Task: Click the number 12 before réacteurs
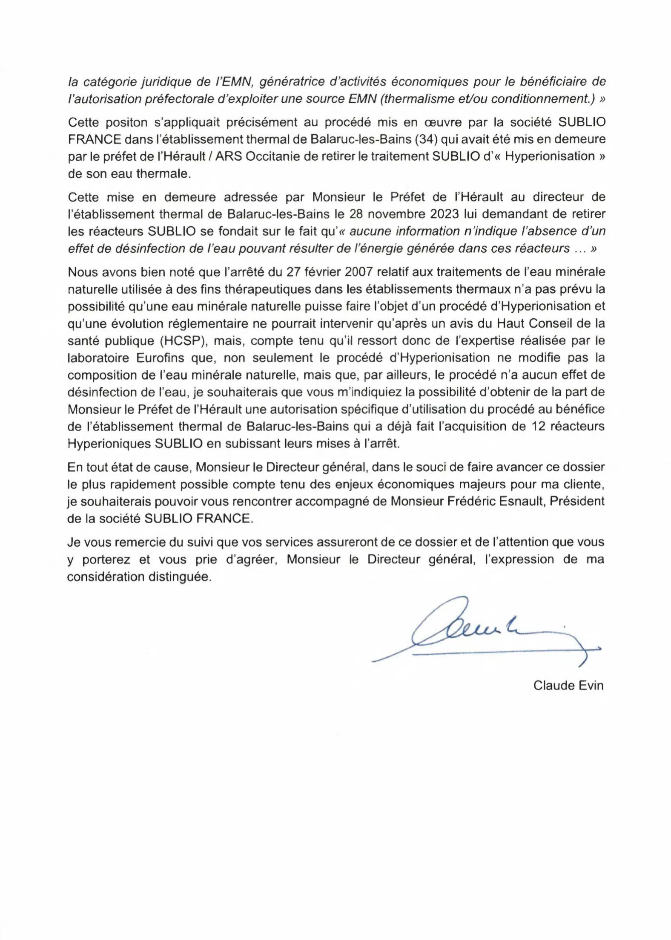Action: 539,427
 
